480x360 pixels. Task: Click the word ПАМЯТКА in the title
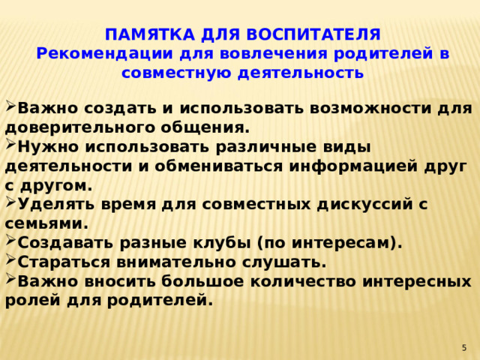tap(139, 35)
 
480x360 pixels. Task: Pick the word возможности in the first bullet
tap(331, 109)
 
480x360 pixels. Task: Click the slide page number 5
tap(464, 347)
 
